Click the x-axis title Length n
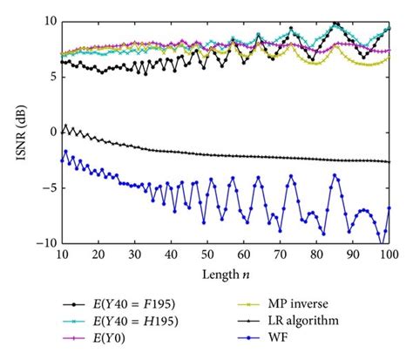click(224, 275)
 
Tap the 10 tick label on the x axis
click(60, 255)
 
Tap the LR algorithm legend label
click(309, 322)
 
